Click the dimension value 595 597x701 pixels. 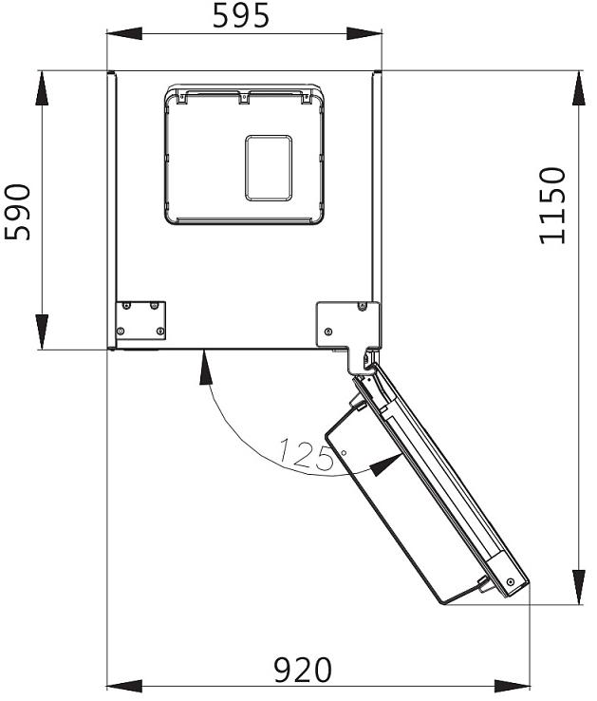coord(241,15)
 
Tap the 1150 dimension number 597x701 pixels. coord(552,206)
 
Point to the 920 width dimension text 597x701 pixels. coord(303,671)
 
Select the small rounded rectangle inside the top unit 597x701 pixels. coord(269,168)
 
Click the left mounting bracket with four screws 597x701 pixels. coord(140,319)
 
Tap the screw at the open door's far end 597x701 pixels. coord(511,581)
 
